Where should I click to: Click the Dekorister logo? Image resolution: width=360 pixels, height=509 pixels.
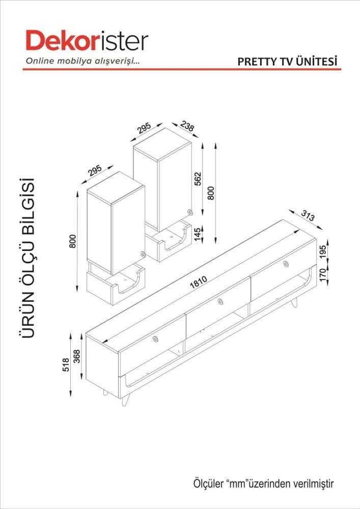(x=87, y=41)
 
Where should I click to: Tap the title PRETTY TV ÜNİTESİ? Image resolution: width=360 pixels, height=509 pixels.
(x=288, y=62)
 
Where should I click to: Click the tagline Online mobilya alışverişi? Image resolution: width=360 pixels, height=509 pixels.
(x=82, y=61)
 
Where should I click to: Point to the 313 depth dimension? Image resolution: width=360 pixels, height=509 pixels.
(x=308, y=215)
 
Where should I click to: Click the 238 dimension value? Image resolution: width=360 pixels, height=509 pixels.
(x=187, y=126)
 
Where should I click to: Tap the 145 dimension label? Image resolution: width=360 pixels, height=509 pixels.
(x=198, y=234)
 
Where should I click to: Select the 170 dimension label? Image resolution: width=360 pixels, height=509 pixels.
(x=323, y=275)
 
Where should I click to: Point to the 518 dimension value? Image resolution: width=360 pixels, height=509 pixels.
(x=66, y=364)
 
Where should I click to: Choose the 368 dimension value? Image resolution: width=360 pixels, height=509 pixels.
(x=77, y=356)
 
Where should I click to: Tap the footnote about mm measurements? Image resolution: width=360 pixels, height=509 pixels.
(x=264, y=484)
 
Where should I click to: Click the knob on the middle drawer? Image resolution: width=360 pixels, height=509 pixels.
(x=220, y=301)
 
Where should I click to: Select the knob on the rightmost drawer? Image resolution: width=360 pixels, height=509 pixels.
(x=286, y=264)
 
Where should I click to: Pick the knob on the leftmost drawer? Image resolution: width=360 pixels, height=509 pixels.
(x=155, y=339)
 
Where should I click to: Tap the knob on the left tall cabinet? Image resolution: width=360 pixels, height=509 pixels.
(x=143, y=254)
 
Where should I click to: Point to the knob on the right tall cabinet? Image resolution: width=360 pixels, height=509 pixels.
(x=189, y=212)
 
